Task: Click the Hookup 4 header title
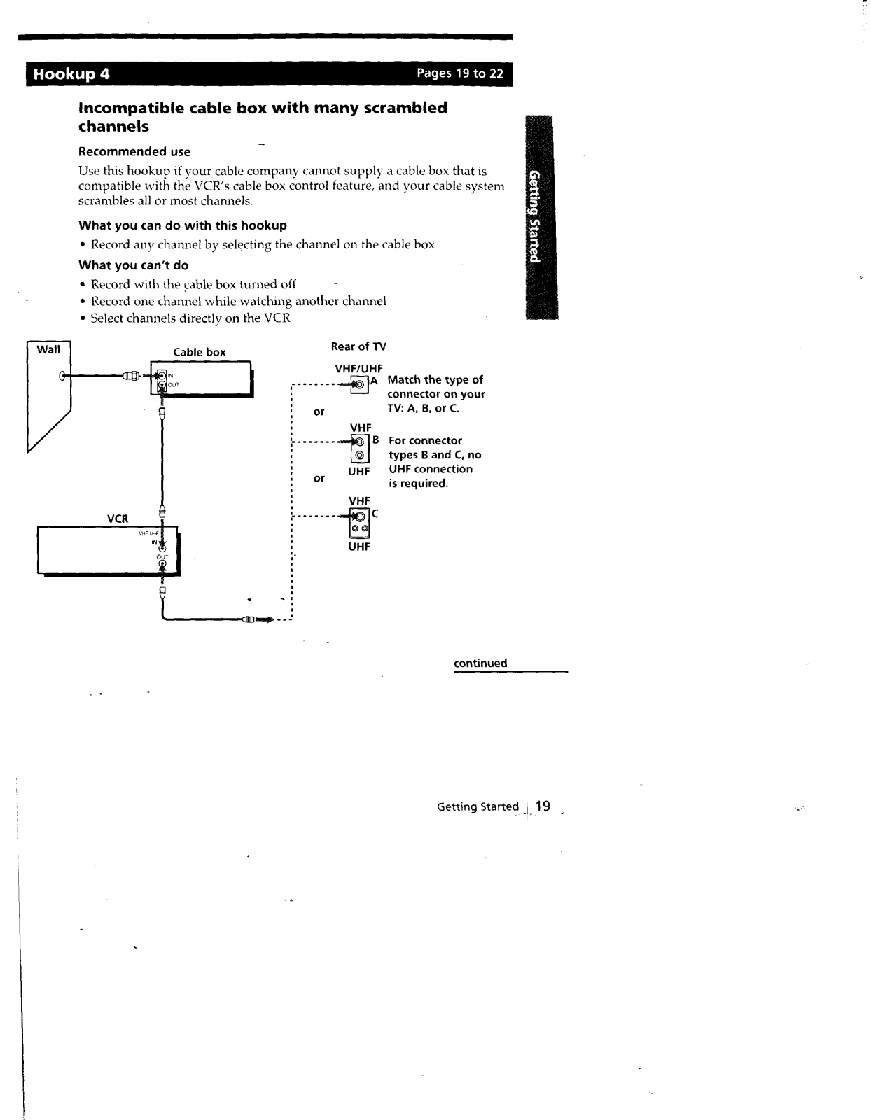[72, 74]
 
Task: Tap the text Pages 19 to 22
[460, 74]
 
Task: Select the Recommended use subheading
[134, 152]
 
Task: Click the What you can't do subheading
[134, 265]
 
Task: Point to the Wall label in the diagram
[48, 349]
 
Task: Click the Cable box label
[200, 352]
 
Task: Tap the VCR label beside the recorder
[118, 519]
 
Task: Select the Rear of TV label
[358, 346]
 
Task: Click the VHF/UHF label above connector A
[359, 369]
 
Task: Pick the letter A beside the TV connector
[374, 381]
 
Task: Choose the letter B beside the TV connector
[375, 440]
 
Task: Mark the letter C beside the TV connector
[375, 513]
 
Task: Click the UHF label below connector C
[359, 547]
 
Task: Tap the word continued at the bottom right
[480, 664]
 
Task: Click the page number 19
[543, 806]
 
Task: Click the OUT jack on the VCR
[162, 564]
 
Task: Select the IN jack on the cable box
[162, 374]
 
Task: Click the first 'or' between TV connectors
[319, 412]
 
